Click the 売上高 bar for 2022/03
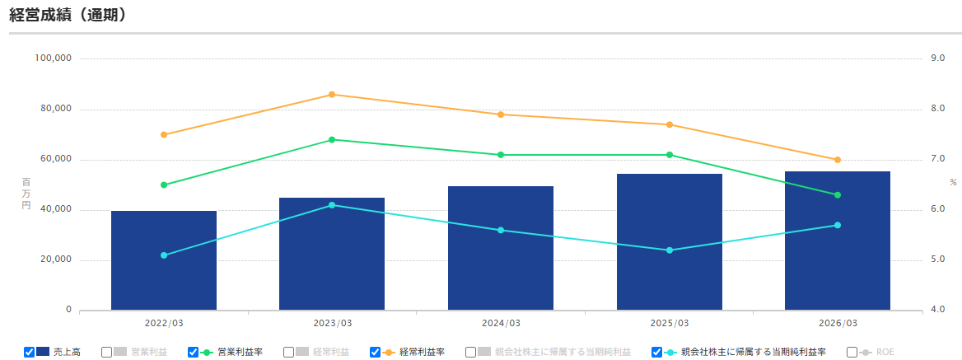point(164,260)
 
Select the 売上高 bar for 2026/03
point(838,241)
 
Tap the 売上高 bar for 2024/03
point(501,248)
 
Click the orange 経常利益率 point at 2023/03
point(332,95)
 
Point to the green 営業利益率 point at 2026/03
point(838,195)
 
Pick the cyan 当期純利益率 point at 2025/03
point(670,250)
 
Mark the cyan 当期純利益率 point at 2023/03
point(332,205)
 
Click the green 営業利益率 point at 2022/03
point(164,185)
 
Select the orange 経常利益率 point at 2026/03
point(838,160)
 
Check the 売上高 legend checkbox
point(29,352)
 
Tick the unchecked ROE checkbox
point(852,352)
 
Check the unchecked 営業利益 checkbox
point(107,352)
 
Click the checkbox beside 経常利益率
point(375,352)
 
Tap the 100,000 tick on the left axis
point(55,58)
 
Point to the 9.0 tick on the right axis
point(937,58)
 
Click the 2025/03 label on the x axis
point(670,323)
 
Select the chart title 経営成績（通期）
point(68,15)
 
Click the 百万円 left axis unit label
point(26,194)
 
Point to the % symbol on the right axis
point(953,182)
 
